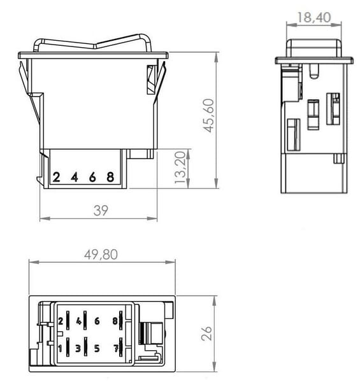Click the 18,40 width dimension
(314, 17)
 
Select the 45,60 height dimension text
(208, 115)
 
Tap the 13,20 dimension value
(180, 167)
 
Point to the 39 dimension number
(101, 211)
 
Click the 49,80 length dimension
(101, 255)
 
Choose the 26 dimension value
(206, 333)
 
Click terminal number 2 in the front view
(56, 177)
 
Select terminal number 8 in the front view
(110, 177)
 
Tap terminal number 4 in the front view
(75, 177)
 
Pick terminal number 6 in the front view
(92, 177)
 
